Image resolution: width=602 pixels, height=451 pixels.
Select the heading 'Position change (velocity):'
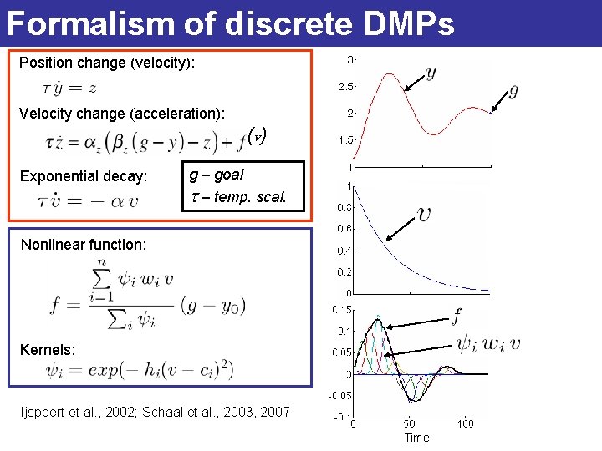[107, 63]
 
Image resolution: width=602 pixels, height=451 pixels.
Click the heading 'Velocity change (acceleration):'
[121, 114]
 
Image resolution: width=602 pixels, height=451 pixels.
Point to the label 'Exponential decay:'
[84, 176]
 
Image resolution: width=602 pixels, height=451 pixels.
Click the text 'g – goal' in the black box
[216, 175]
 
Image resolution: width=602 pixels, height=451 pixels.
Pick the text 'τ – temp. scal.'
[238, 198]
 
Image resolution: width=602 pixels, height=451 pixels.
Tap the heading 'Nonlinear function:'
[84, 245]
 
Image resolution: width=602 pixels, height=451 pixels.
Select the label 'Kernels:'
[48, 350]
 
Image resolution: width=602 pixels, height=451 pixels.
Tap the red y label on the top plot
[430, 73]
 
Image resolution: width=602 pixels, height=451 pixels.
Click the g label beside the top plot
[513, 89]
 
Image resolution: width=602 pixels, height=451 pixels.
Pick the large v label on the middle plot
[426, 214]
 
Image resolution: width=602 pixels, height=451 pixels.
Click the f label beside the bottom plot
[457, 316]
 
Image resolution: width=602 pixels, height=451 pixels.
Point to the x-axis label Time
[416, 438]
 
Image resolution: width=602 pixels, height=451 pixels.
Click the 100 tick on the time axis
[466, 423]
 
